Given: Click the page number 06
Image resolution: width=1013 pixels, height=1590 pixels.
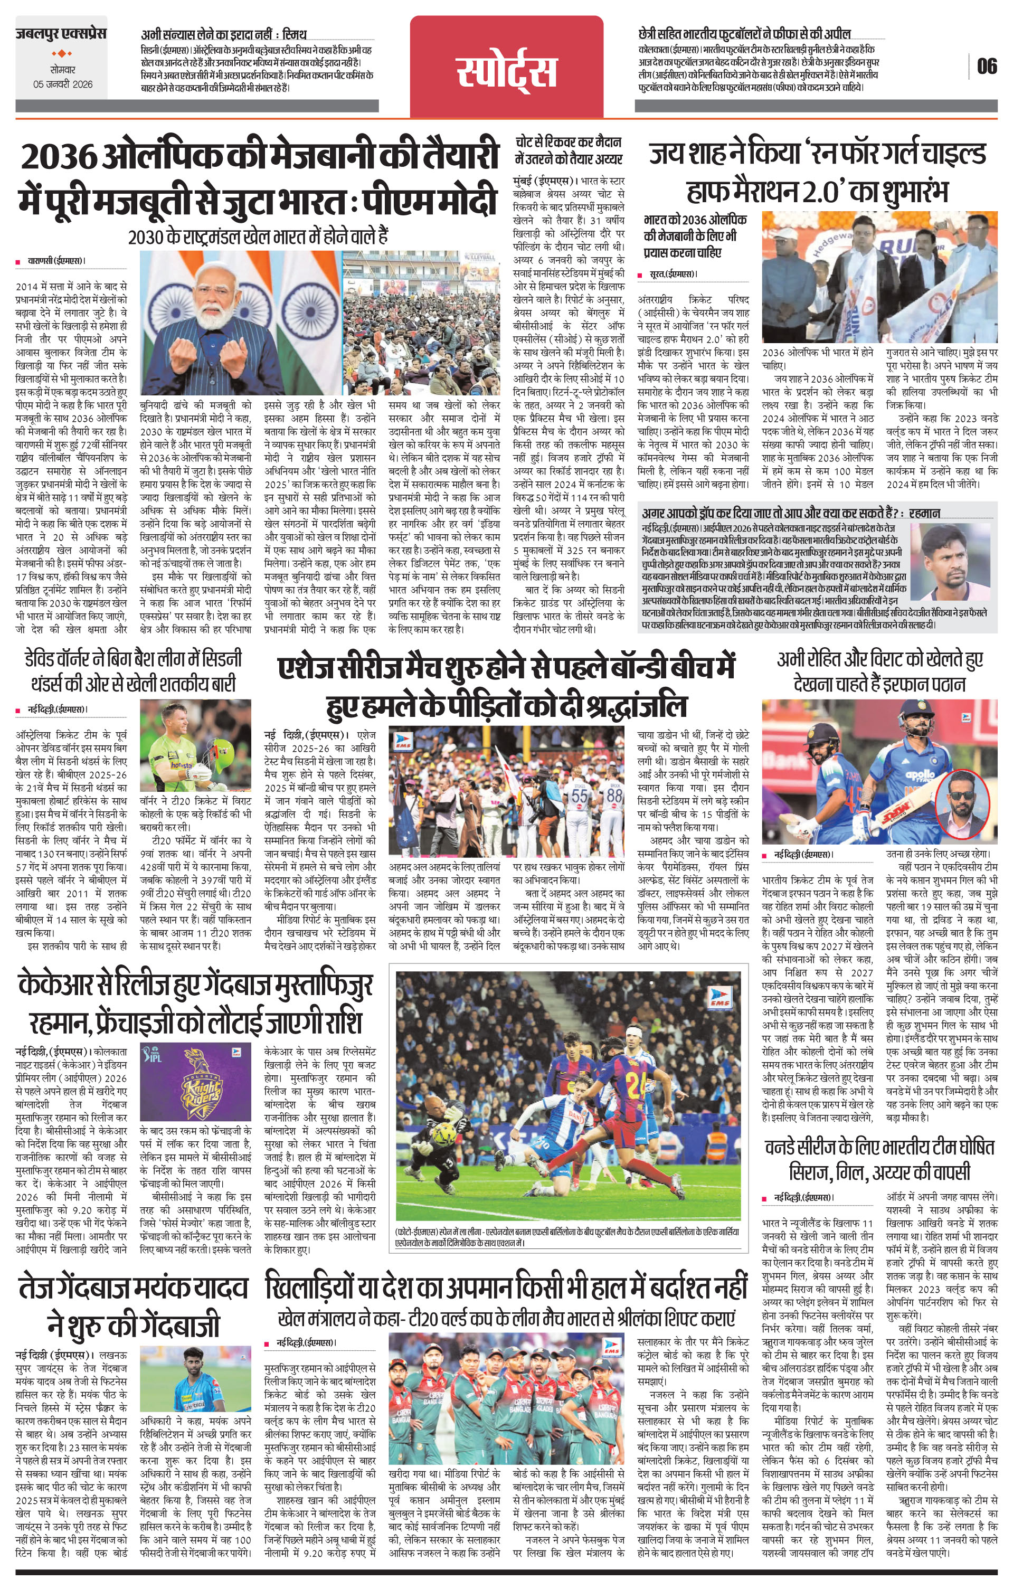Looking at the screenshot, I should pos(987,67).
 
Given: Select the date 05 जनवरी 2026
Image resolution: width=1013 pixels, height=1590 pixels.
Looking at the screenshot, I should pos(63,84).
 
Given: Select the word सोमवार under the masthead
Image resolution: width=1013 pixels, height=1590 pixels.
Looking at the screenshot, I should pos(63,68).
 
